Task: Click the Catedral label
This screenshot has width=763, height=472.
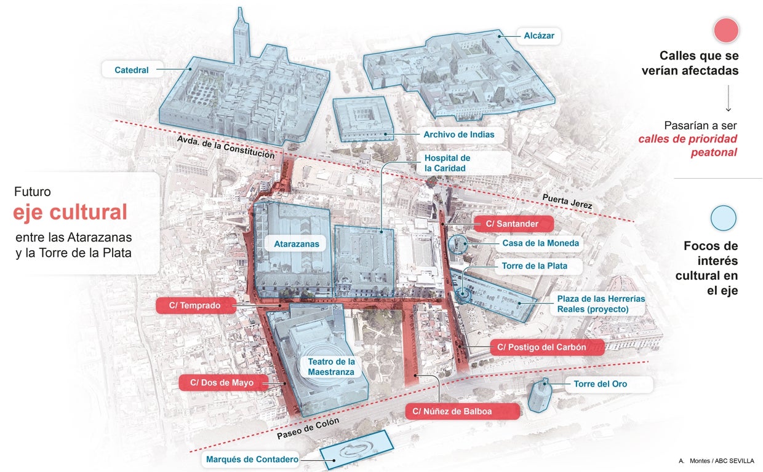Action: (x=132, y=70)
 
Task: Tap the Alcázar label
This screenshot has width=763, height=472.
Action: (x=539, y=36)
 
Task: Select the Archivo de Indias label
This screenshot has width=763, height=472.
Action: (x=458, y=135)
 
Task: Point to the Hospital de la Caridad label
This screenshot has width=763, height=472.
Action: (x=447, y=163)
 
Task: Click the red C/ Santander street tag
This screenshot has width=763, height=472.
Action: (x=513, y=224)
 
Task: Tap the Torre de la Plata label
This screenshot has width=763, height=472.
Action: (x=534, y=266)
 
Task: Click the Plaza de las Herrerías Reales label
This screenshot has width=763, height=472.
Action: (x=593, y=304)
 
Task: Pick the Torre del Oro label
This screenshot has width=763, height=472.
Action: (x=600, y=384)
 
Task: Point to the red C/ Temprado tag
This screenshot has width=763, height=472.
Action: (x=196, y=305)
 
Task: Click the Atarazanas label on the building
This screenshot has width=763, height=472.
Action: (x=297, y=244)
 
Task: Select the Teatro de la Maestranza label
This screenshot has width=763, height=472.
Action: (x=331, y=367)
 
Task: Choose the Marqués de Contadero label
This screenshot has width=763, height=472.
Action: (x=252, y=459)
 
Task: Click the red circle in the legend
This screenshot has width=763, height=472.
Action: (x=725, y=30)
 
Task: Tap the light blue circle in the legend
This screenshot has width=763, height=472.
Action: (x=723, y=218)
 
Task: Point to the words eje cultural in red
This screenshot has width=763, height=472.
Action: (x=70, y=213)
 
